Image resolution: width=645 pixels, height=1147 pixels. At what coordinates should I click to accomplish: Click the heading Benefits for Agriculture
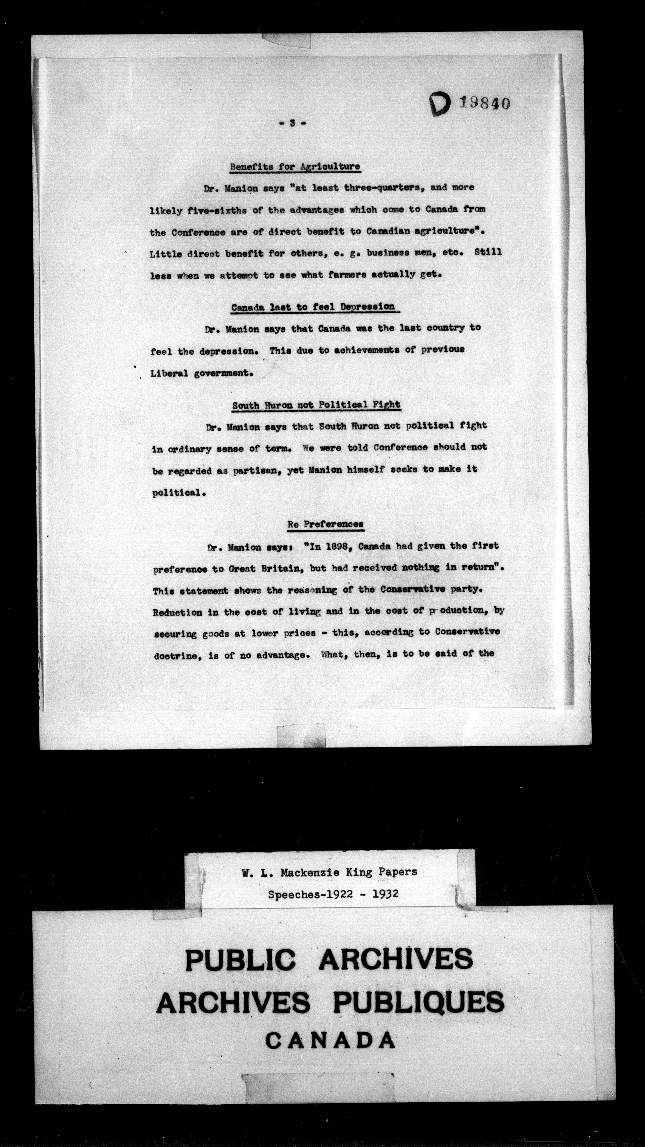tap(295, 167)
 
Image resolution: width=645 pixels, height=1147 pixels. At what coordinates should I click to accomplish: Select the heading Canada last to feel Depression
tap(313, 307)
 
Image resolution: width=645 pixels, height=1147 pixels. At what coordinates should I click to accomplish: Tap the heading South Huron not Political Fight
tap(316, 405)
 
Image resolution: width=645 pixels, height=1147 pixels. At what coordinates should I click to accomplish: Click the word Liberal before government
tap(169, 373)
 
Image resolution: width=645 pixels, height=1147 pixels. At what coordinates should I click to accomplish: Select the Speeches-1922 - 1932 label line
tap(333, 894)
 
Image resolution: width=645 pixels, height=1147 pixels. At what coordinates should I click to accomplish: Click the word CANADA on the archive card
tap(330, 1041)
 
